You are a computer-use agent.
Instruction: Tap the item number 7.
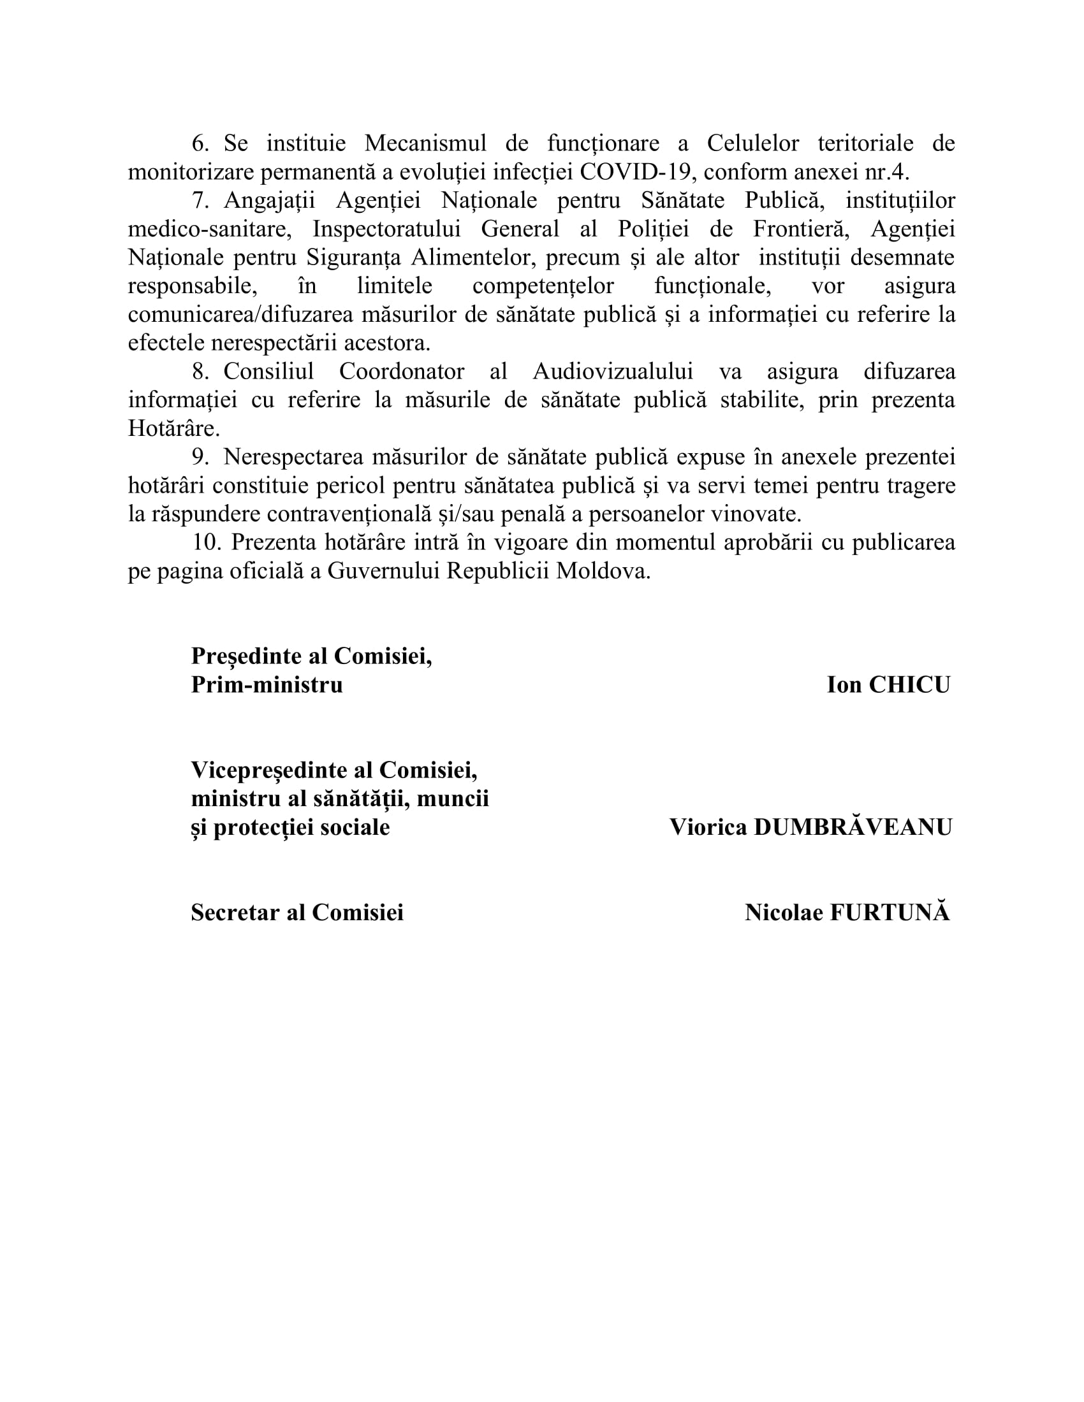pyautogui.click(x=200, y=201)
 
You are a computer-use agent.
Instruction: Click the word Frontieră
pyautogui.click(x=796, y=229)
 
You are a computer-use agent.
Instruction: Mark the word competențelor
pyautogui.click(x=543, y=285)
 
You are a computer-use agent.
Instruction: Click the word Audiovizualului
pyautogui.click(x=613, y=372)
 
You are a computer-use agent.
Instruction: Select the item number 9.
pyautogui.click(x=200, y=457)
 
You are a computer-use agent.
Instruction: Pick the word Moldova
pyautogui.click(x=603, y=571)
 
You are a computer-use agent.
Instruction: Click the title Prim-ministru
pyautogui.click(x=267, y=685)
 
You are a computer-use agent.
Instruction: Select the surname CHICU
pyautogui.click(x=909, y=685)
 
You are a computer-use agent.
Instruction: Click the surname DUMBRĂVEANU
pyautogui.click(x=853, y=827)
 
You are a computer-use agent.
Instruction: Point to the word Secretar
pyautogui.click(x=235, y=913)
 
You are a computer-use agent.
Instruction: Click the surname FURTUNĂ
pyautogui.click(x=890, y=913)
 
